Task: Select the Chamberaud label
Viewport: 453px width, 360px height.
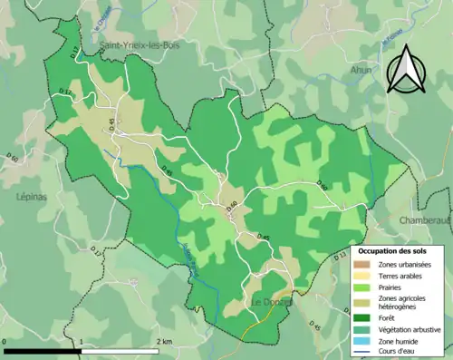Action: pos(424,219)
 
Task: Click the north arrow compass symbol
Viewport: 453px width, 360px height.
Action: pos(404,69)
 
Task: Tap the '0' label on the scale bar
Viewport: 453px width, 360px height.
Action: pos(5,341)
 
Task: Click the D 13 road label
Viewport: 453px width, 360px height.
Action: pos(341,259)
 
